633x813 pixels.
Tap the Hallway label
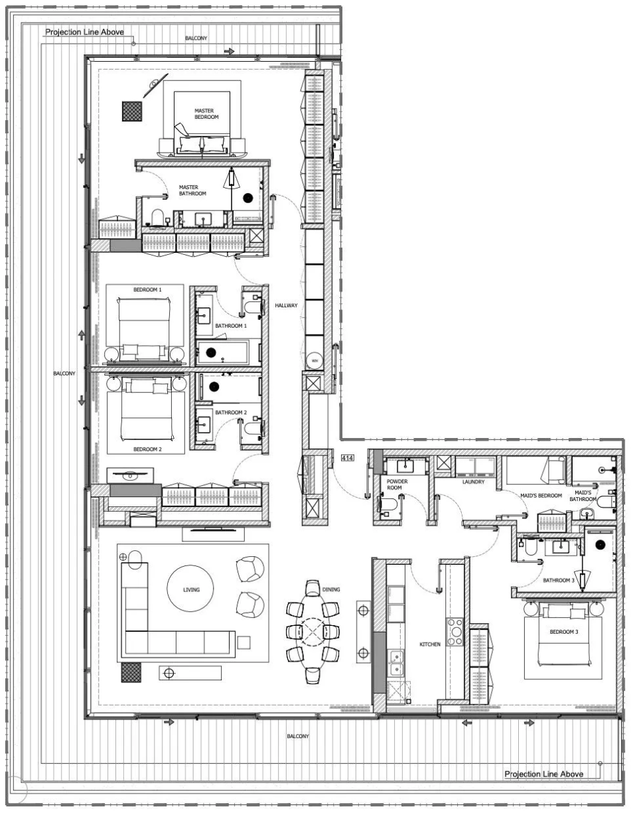(x=286, y=305)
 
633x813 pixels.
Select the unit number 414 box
(x=347, y=457)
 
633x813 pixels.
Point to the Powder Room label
(x=397, y=484)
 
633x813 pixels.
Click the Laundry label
(x=473, y=482)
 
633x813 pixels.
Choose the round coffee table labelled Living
(x=190, y=589)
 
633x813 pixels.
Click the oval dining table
(x=313, y=632)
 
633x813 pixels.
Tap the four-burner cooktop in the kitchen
(x=455, y=632)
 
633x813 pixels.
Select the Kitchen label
(x=429, y=644)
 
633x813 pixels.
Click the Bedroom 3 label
(x=563, y=632)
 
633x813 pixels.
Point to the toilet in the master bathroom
(x=157, y=218)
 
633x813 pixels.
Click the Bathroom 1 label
(x=231, y=326)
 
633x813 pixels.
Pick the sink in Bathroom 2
(x=204, y=423)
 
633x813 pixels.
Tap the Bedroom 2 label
(x=147, y=449)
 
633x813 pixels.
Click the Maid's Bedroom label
(x=541, y=495)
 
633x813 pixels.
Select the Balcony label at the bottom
(x=298, y=736)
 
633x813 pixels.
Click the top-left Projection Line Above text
(x=84, y=32)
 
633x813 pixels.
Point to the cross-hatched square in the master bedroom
(x=132, y=111)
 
